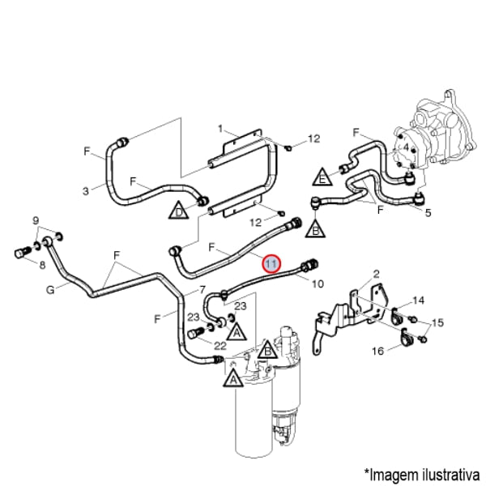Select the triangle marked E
coord(322,176)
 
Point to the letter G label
coord(50,289)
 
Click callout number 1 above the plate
coord(220,128)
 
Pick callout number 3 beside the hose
coord(86,191)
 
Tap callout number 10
coord(318,283)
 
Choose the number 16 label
coord(377,352)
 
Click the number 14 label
coord(418,301)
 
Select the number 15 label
coord(438,323)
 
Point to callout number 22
coord(197,346)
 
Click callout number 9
coord(36,220)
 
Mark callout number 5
coord(428,213)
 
